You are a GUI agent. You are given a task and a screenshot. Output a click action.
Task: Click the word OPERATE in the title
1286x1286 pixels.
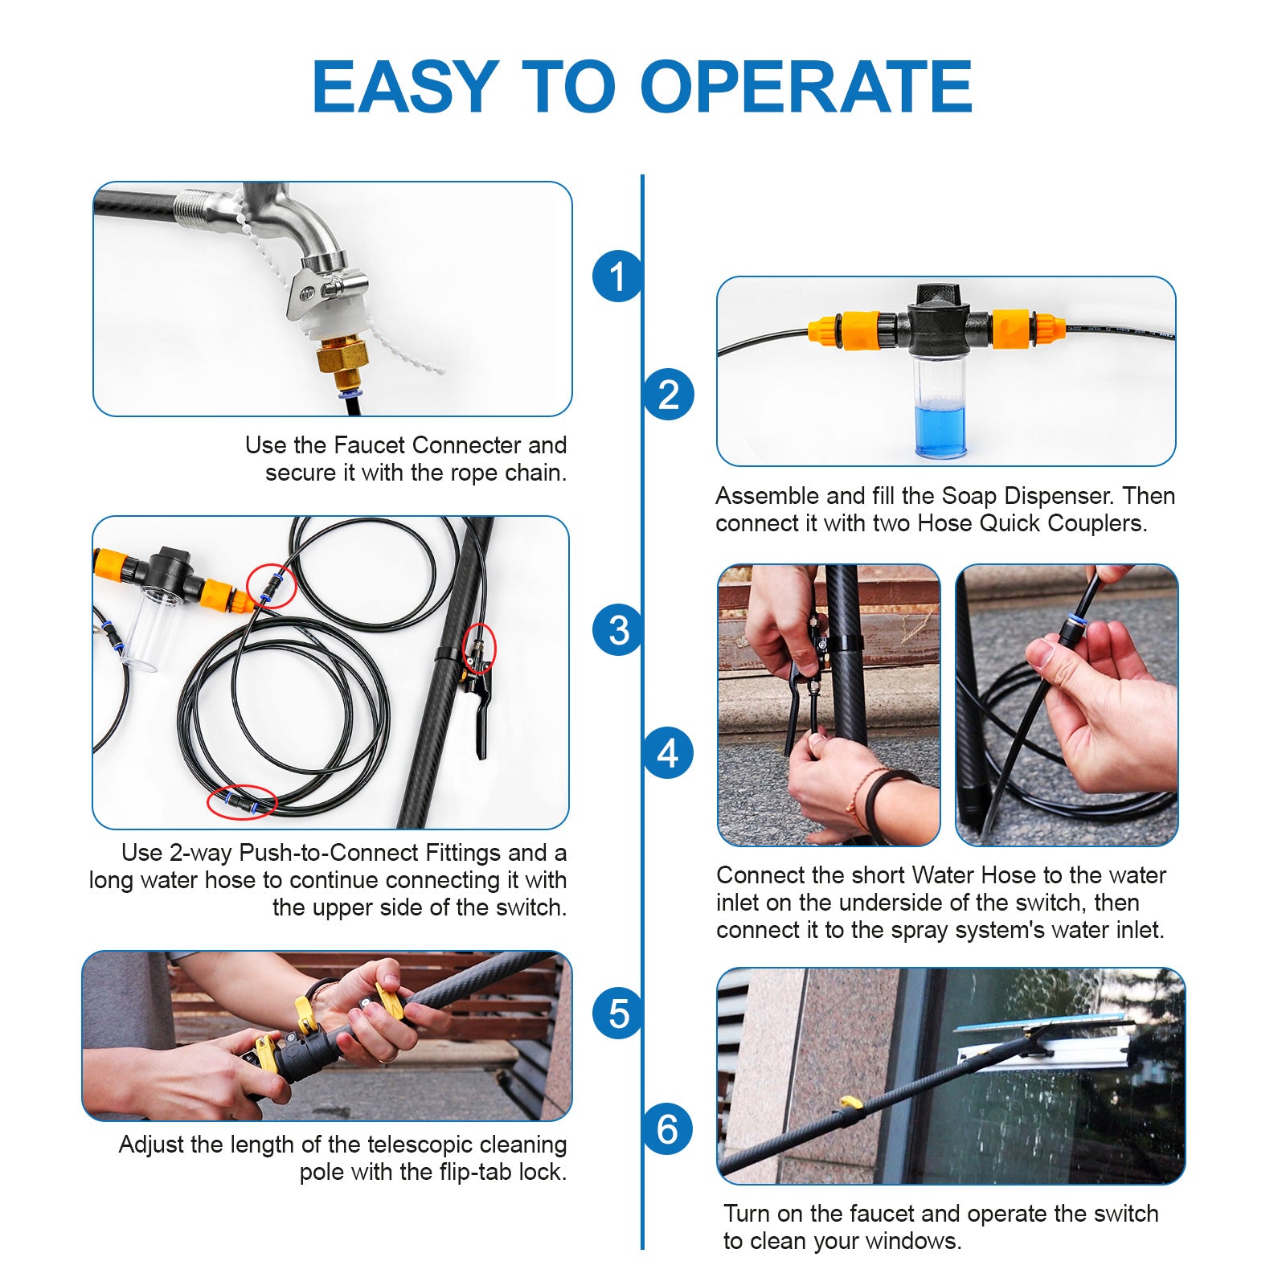[806, 87]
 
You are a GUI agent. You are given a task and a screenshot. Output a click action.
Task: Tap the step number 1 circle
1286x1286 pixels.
[617, 276]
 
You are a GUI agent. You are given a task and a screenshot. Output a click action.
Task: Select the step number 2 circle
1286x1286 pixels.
[668, 395]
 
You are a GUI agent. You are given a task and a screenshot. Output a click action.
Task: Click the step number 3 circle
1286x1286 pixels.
[617, 630]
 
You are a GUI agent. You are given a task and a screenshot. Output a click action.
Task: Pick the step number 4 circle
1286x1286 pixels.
[668, 753]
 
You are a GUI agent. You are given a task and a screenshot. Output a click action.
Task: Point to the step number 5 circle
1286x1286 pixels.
[617, 1014]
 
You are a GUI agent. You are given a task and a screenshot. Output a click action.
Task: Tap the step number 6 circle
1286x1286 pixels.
[668, 1129]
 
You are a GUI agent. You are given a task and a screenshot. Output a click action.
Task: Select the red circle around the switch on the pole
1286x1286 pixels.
[479, 648]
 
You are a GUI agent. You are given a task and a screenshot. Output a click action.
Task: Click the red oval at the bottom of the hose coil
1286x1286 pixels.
[242, 801]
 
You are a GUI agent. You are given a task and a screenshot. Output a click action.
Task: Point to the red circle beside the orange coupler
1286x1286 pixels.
[272, 585]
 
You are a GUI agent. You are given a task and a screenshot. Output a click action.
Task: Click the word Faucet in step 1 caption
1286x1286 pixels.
[368, 445]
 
